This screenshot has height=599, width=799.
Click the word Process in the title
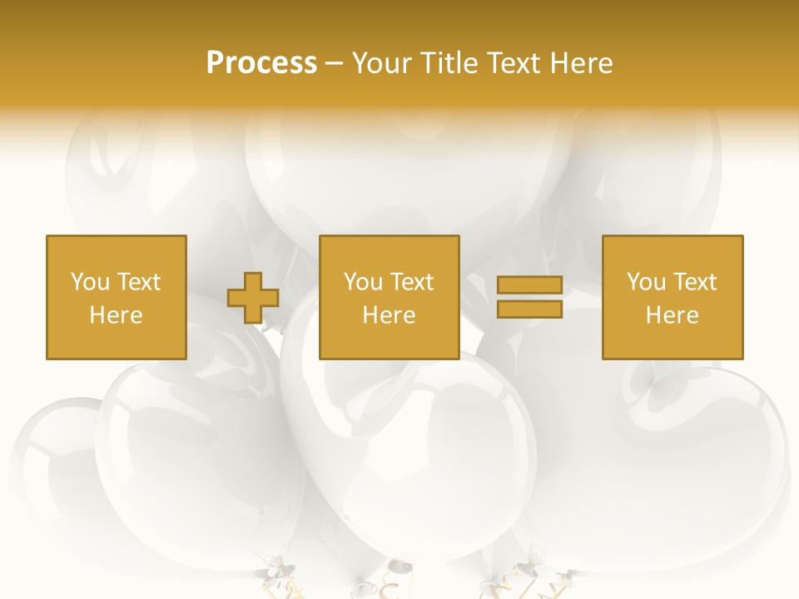pos(261,63)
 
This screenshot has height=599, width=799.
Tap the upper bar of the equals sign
pos(529,285)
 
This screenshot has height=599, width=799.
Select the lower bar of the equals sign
pos(529,309)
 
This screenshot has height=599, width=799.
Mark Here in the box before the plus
pos(117,315)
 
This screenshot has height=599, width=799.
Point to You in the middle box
pos(362,282)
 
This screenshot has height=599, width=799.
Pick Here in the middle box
pos(390,315)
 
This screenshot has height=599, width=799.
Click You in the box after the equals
pos(645,282)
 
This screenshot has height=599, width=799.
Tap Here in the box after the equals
pos(672,315)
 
